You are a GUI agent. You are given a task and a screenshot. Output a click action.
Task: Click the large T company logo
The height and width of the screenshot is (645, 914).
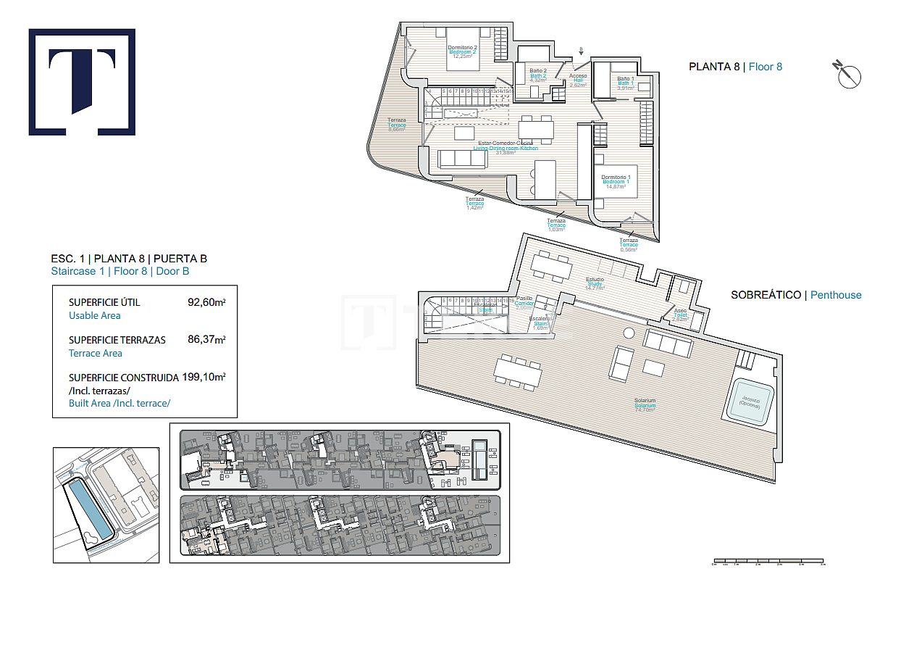pyautogui.click(x=82, y=82)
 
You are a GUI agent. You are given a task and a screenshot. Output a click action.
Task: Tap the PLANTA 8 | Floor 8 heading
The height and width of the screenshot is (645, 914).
pyautogui.click(x=735, y=67)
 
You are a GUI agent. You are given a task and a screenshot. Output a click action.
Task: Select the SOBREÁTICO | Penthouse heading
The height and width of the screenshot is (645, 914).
pyautogui.click(x=796, y=295)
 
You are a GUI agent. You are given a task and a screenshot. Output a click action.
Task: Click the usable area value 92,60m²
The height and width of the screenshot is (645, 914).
pyautogui.click(x=206, y=302)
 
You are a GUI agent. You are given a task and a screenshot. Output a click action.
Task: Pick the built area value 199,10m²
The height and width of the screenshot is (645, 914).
pyautogui.click(x=204, y=378)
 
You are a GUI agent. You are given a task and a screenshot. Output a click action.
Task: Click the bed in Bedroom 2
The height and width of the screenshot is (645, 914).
pyautogui.click(x=463, y=51)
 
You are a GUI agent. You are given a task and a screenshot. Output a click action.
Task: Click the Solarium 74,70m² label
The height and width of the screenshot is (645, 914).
pyautogui.click(x=645, y=405)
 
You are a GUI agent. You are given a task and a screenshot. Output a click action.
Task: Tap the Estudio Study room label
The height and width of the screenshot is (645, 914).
pyautogui.click(x=594, y=283)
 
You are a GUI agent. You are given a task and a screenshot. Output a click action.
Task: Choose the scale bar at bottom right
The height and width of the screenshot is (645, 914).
pyautogui.click(x=768, y=562)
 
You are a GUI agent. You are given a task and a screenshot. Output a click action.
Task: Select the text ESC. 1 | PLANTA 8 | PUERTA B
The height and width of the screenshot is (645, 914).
pyautogui.click(x=129, y=259)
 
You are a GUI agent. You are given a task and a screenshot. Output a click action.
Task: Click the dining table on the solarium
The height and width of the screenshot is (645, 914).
pyautogui.click(x=518, y=372)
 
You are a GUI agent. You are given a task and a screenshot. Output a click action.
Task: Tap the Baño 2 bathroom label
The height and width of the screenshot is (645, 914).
pyautogui.click(x=537, y=75)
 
